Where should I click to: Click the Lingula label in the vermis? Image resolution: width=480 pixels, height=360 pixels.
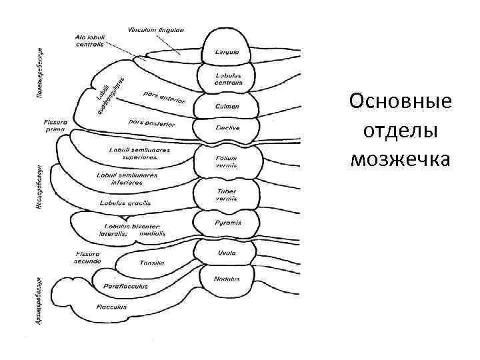point(228,51)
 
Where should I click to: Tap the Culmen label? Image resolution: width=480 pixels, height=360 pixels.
point(227,106)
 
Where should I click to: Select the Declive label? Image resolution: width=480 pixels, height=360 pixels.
point(227,127)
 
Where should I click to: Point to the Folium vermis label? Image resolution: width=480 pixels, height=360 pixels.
point(227,162)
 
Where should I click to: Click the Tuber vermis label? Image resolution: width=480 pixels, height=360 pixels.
point(227,195)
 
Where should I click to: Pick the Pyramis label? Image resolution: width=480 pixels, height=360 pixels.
point(228,223)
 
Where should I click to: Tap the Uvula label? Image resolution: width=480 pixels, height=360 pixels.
point(227,253)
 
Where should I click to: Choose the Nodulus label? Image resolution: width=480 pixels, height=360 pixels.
point(227,278)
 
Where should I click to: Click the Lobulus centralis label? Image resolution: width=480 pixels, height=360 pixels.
point(228,79)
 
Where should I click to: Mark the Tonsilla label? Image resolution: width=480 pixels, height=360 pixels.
point(152,263)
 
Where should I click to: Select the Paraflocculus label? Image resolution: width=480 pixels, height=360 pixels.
point(125,286)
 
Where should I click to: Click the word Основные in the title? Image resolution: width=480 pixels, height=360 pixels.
point(400,103)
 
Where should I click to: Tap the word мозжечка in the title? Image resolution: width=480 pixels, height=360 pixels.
point(400,159)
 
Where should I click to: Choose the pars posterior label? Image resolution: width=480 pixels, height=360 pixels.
point(151,124)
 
